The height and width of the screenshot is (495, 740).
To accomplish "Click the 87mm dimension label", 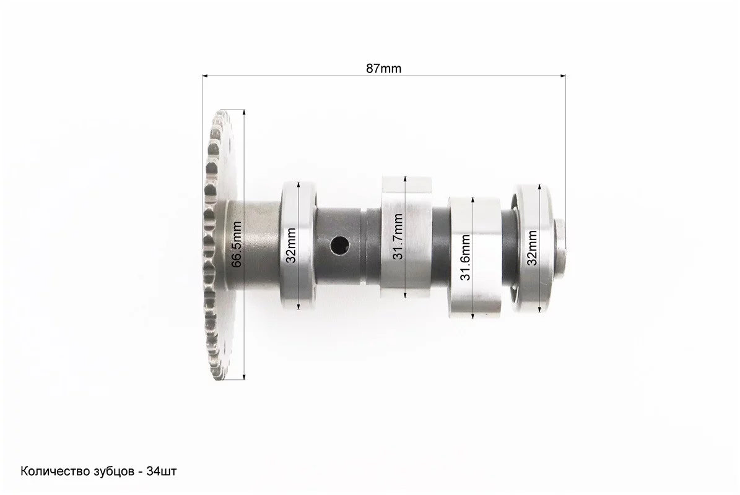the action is click(x=384, y=69).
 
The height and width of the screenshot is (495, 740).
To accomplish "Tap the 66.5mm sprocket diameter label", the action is click(x=237, y=244).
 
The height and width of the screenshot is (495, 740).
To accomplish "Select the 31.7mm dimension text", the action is click(x=398, y=236).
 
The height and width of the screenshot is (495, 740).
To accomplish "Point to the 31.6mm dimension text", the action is click(x=465, y=257).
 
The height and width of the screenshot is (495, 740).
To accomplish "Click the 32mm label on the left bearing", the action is click(x=290, y=245).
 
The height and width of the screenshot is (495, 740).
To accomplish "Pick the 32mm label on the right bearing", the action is click(x=533, y=248).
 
